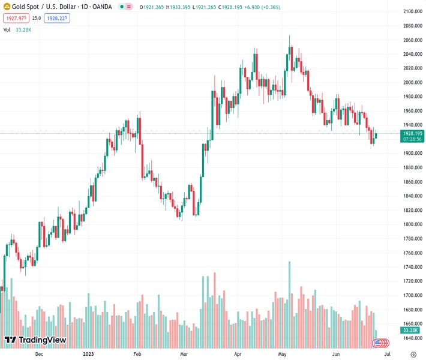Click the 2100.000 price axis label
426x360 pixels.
(413, 11)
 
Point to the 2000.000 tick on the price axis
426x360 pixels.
(413, 82)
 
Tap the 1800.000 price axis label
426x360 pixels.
(413, 224)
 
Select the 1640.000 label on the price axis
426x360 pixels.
(413, 338)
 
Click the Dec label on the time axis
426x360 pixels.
(39, 354)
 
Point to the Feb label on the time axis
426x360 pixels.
(137, 354)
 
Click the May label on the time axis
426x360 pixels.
(282, 354)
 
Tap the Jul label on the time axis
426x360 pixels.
(379, 354)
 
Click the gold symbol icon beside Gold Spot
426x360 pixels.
(7, 7)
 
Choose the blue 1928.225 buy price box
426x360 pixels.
(56, 18)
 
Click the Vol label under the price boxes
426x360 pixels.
(7, 29)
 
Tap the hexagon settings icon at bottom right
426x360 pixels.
(413, 354)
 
